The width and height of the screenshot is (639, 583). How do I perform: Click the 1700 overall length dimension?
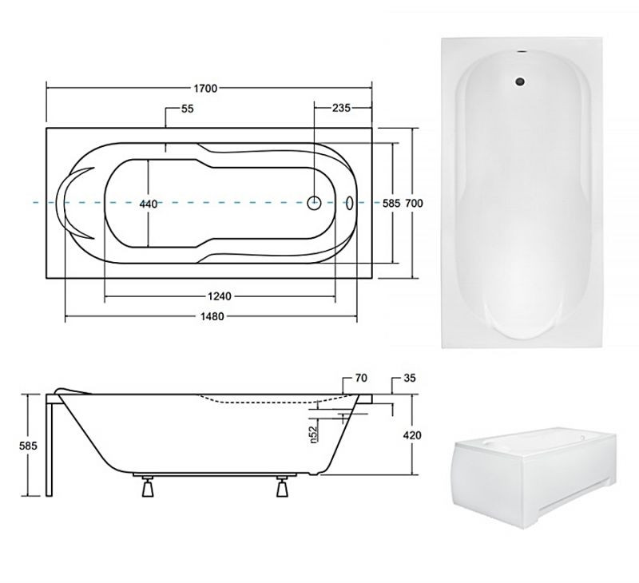click(x=205, y=89)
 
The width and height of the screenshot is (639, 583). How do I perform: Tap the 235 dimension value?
click(x=341, y=108)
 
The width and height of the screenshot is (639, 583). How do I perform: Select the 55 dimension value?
click(x=188, y=109)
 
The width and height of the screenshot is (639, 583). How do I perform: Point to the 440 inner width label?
click(x=149, y=204)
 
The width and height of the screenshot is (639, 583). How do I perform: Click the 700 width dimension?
click(x=414, y=203)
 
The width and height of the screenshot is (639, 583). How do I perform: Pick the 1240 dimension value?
click(x=219, y=296)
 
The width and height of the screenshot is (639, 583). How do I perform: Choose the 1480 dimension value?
click(x=212, y=316)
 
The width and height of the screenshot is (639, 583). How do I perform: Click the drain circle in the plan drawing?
click(x=314, y=203)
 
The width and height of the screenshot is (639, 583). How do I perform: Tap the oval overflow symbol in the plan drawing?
click(x=350, y=203)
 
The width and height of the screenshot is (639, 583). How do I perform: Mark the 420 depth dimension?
click(x=412, y=435)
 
